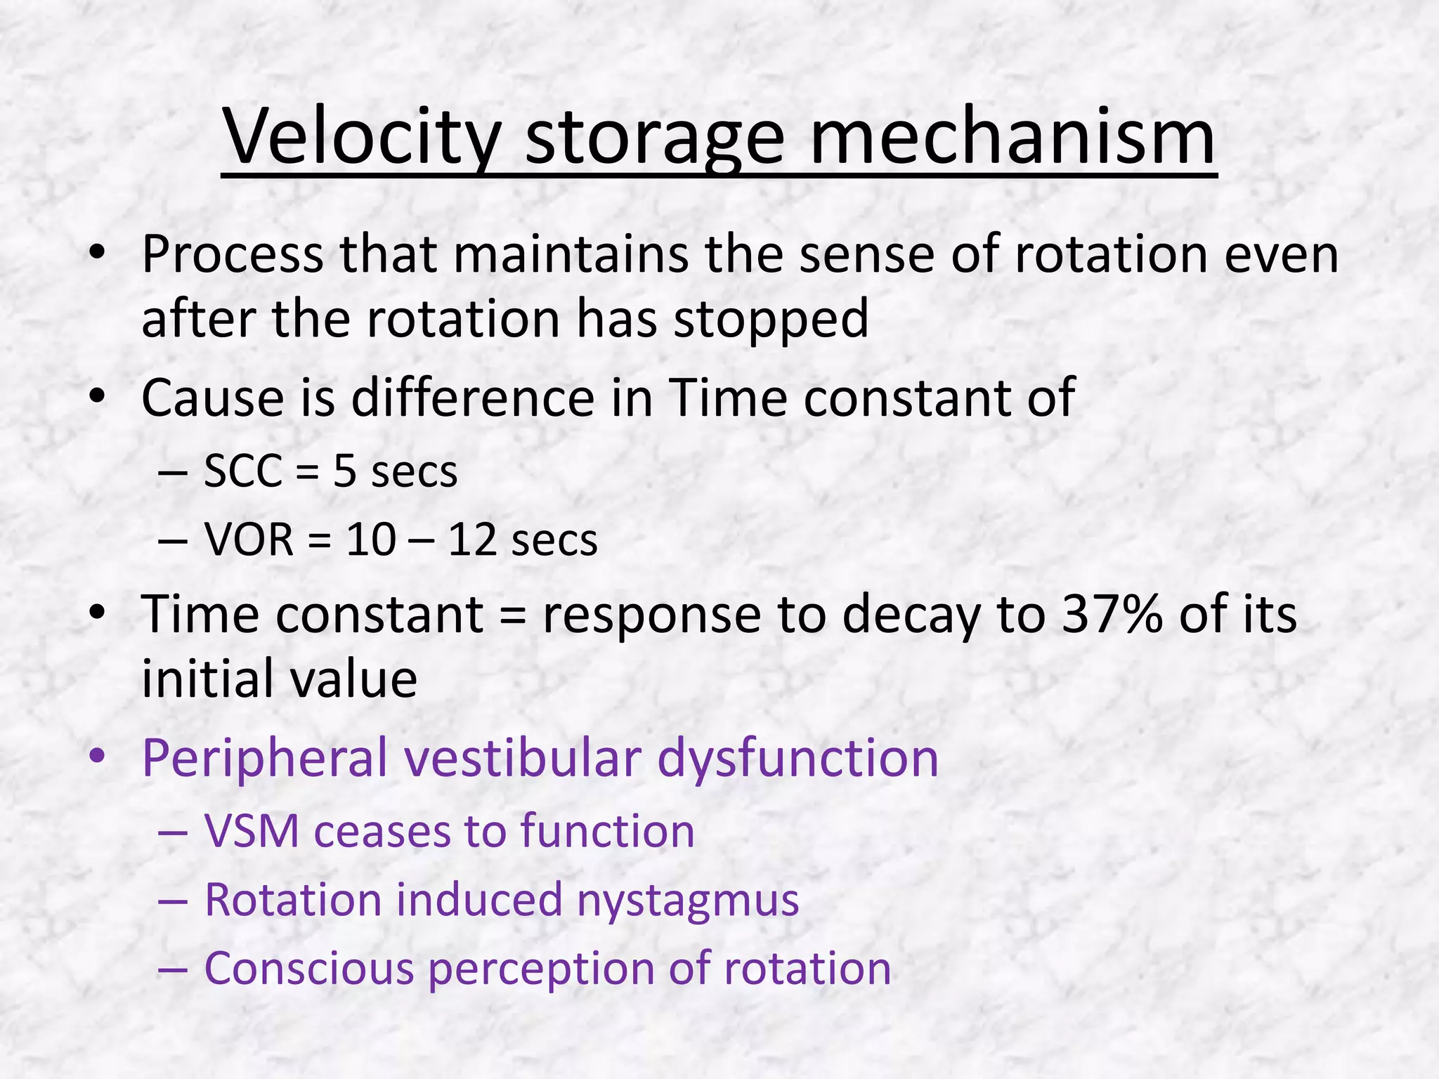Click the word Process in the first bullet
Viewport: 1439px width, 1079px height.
tap(233, 254)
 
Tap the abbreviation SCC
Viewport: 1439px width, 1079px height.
tap(243, 471)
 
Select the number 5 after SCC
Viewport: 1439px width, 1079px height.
tap(344, 471)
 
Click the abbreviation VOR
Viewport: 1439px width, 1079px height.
tap(249, 539)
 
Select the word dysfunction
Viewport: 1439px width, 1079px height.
tap(797, 758)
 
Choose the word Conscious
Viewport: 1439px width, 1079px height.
tap(308, 968)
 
